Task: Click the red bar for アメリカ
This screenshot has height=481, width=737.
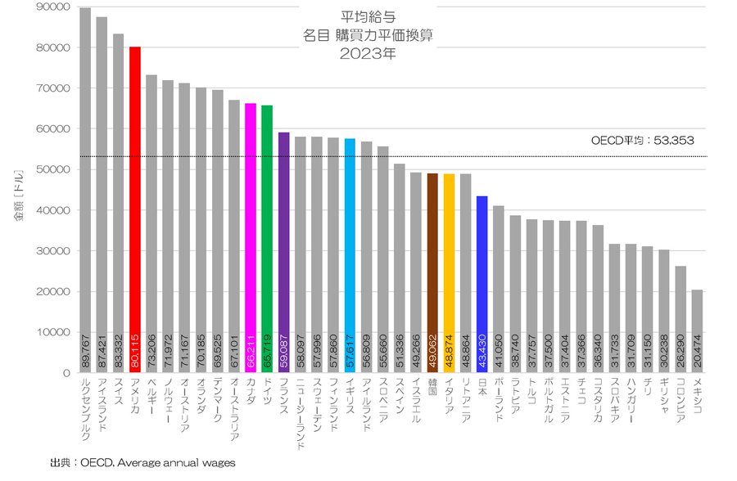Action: (x=135, y=205)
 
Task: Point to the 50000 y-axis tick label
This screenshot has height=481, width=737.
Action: (x=53, y=170)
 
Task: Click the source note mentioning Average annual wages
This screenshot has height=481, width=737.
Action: (x=143, y=463)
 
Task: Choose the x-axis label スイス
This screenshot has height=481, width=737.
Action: (x=118, y=393)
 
